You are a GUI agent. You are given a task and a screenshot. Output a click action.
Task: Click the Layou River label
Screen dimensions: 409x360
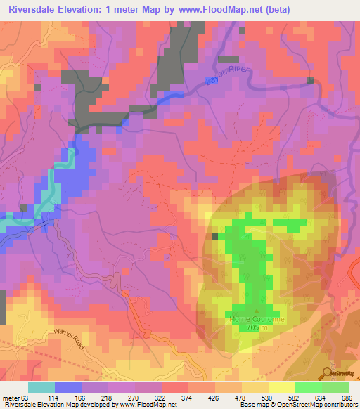(x=224, y=86)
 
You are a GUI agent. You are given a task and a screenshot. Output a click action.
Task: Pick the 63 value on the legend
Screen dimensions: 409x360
(x=27, y=398)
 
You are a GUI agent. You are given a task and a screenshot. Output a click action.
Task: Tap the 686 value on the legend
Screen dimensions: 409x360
(x=347, y=398)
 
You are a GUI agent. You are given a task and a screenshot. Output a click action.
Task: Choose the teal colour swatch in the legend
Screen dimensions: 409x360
(x=41, y=387)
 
